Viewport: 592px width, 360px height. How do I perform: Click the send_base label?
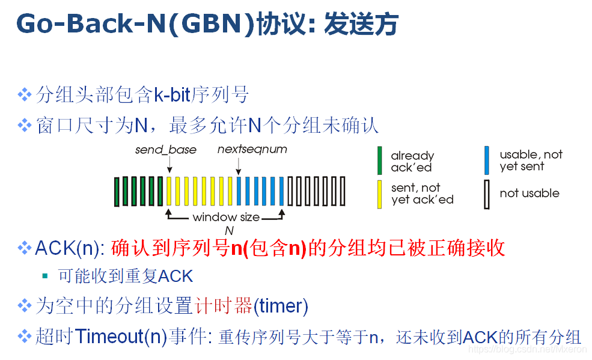tap(165, 150)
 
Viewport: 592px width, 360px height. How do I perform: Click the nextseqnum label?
tap(252, 148)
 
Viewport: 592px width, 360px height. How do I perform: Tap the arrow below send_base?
tap(169, 164)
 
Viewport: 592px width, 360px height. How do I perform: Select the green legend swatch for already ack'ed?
tap(380, 160)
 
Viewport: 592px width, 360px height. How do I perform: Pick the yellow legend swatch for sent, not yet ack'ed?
tap(380, 194)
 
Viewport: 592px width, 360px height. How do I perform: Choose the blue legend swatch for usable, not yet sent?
tap(487, 160)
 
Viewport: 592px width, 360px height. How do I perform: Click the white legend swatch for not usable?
tap(487, 194)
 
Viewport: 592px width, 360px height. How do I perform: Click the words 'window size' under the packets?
tap(226, 218)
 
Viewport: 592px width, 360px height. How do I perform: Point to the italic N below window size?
tap(228, 231)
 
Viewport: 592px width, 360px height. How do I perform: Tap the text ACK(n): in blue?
tap(70, 248)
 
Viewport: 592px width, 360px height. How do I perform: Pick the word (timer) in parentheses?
tap(281, 307)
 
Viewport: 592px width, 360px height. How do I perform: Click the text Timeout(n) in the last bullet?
tap(121, 337)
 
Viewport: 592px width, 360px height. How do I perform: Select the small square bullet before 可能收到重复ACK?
tap(44, 276)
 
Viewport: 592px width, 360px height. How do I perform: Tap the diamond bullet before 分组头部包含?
tap(25, 94)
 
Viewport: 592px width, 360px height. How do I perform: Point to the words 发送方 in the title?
tap(361, 25)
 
